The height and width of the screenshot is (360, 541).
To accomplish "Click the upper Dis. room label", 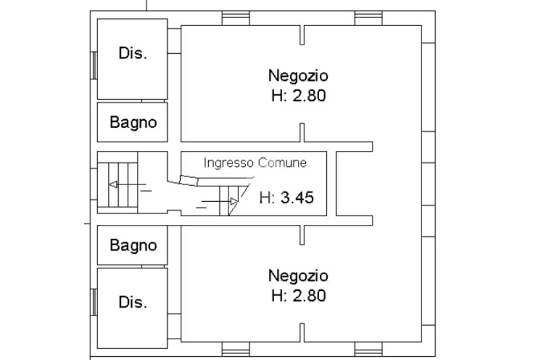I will (x=133, y=54).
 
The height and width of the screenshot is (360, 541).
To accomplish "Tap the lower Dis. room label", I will (x=133, y=302).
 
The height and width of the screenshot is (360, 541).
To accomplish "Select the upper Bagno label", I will (x=133, y=122).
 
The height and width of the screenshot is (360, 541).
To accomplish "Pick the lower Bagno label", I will (x=133, y=245).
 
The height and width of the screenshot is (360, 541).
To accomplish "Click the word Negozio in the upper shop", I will (x=298, y=75).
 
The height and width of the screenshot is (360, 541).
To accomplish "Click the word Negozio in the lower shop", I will (x=298, y=276).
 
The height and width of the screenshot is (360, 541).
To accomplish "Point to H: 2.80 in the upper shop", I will (x=299, y=96).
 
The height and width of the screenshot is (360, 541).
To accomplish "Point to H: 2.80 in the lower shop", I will (x=299, y=296).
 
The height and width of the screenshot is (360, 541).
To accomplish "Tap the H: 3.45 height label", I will (x=287, y=198).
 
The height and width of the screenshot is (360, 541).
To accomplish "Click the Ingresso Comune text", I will (x=255, y=163).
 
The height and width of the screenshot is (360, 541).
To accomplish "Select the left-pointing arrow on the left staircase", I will (x=113, y=184).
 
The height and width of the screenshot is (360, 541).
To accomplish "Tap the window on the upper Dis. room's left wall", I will (x=95, y=65).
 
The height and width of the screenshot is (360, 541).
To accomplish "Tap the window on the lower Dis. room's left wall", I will (x=95, y=302).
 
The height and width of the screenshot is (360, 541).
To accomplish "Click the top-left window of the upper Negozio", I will (x=236, y=17).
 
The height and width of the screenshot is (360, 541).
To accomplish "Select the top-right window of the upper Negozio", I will (x=368, y=17).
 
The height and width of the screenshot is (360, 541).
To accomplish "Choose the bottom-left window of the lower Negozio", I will (x=236, y=349).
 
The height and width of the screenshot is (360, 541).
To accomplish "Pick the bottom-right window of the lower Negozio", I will (x=368, y=349).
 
